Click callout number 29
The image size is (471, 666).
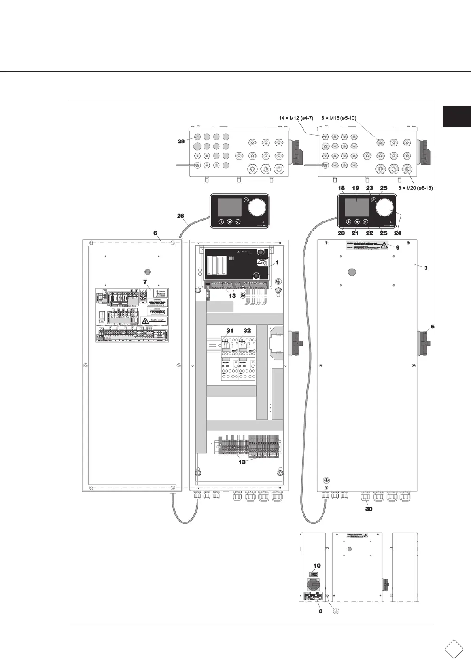(x=181, y=141)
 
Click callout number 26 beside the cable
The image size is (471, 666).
(x=180, y=216)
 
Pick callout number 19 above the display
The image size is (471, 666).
(x=355, y=189)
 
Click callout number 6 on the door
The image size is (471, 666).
(x=157, y=233)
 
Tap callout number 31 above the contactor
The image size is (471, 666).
(x=230, y=330)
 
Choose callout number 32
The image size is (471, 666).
(x=247, y=330)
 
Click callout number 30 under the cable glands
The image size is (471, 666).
(x=369, y=509)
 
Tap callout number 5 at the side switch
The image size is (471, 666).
(x=433, y=327)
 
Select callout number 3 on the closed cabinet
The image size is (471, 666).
(x=426, y=268)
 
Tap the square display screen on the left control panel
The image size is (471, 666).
(x=227, y=208)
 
